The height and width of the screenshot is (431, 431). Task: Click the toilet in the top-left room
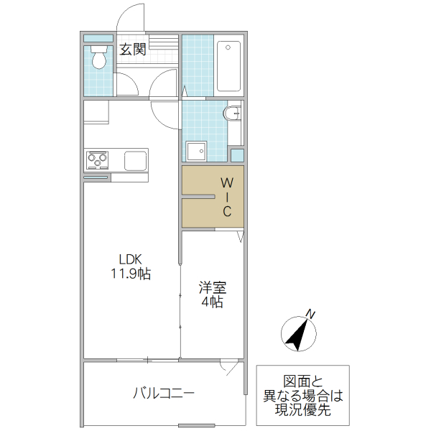click(x=98, y=57)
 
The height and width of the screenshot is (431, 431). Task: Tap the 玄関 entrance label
click(x=133, y=50)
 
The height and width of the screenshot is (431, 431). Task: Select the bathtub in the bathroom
click(x=229, y=66)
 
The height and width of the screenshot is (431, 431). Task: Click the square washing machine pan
click(x=195, y=151)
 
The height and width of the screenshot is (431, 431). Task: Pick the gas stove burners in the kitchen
click(x=97, y=159)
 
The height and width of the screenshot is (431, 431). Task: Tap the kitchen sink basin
click(x=134, y=159)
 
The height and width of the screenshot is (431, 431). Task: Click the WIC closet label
click(x=226, y=195)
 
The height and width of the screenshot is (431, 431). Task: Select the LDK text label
click(x=131, y=259)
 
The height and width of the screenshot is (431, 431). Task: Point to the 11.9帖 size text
click(x=131, y=274)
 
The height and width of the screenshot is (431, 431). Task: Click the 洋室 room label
click(x=213, y=288)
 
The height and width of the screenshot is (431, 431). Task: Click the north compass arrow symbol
click(x=298, y=333)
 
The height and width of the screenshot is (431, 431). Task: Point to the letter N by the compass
click(x=310, y=313)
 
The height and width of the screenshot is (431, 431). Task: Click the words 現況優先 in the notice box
click(x=302, y=410)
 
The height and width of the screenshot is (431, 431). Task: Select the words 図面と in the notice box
click(x=302, y=381)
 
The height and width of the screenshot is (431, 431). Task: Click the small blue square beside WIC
click(x=236, y=154)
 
